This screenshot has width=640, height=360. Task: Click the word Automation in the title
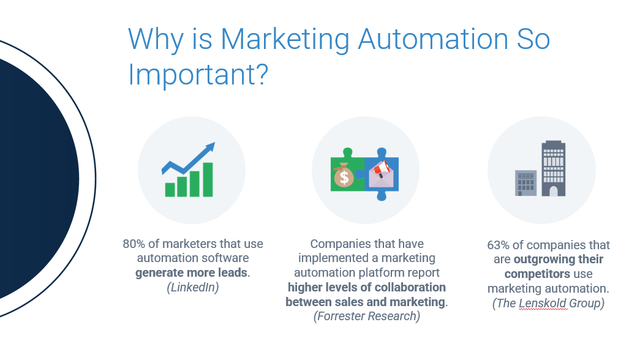pyautogui.click(x=432, y=39)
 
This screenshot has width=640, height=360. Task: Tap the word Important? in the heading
pyautogui.click(x=198, y=75)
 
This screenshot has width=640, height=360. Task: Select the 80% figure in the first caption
pyautogui.click(x=134, y=244)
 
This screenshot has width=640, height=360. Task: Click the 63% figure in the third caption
pyautogui.click(x=498, y=245)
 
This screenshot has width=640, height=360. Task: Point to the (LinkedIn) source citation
pyautogui.click(x=193, y=287)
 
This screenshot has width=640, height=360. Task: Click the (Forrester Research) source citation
pyautogui.click(x=366, y=317)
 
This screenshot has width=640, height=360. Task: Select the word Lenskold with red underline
pyautogui.click(x=543, y=303)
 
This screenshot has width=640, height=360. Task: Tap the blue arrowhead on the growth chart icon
pyautogui.click(x=209, y=148)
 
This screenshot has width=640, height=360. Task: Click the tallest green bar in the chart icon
pyautogui.click(x=208, y=179)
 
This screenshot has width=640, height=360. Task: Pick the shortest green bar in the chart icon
pyautogui.click(x=170, y=190)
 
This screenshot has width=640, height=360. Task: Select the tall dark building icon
pyautogui.click(x=554, y=168)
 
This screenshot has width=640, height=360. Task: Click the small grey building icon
pyautogui.click(x=525, y=183)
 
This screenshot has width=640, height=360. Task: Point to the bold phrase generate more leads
pyautogui.click(x=192, y=272)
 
